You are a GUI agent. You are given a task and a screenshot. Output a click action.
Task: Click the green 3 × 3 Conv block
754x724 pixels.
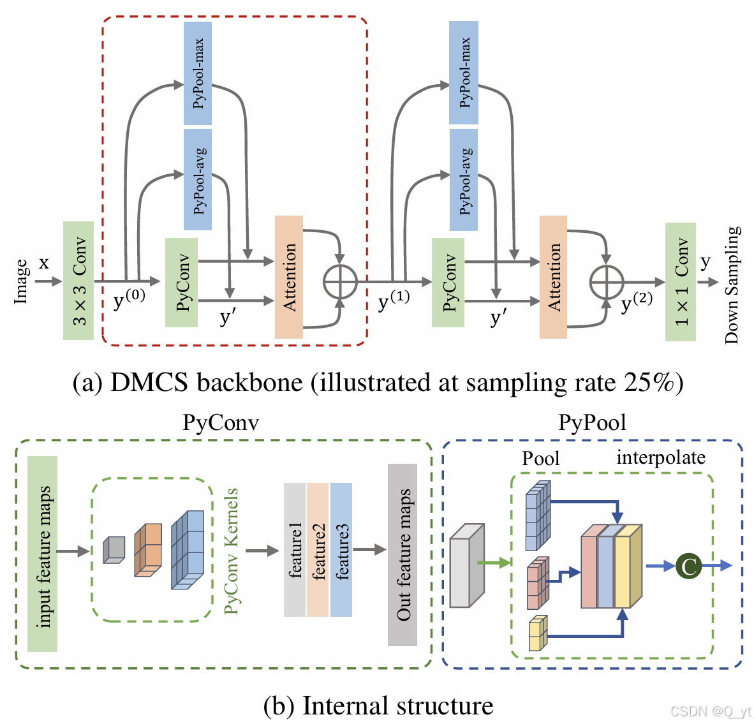78,281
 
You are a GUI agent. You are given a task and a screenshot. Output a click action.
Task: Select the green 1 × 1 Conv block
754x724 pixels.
680,282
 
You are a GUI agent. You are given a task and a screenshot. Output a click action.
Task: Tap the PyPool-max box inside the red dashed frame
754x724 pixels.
198,73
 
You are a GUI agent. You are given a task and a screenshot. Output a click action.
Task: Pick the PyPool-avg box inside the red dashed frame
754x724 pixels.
198,179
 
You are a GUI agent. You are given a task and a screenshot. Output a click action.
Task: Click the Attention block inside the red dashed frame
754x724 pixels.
288,277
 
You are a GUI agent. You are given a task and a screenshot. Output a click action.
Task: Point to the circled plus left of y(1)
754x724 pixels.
340,281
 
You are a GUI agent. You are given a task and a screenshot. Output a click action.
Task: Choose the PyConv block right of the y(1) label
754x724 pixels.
448,283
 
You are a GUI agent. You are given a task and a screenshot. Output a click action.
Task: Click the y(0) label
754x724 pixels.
129,299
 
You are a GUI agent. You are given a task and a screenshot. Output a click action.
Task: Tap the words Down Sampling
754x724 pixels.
732,285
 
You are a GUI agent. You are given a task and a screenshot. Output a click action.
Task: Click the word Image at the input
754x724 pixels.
21,281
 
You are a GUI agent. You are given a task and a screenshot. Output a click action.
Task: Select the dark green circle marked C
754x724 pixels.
688,566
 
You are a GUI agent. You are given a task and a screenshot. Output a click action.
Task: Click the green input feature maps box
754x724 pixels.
43,554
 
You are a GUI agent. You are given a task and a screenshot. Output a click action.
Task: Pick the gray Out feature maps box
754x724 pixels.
403,554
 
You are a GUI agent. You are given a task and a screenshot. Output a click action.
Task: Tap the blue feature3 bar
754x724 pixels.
341,550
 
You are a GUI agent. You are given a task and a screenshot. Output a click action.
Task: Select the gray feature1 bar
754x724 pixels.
295,550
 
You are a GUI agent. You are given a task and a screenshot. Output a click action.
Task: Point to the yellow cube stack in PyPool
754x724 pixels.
538,633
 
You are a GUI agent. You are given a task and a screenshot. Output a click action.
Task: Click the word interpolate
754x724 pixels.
661,457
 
